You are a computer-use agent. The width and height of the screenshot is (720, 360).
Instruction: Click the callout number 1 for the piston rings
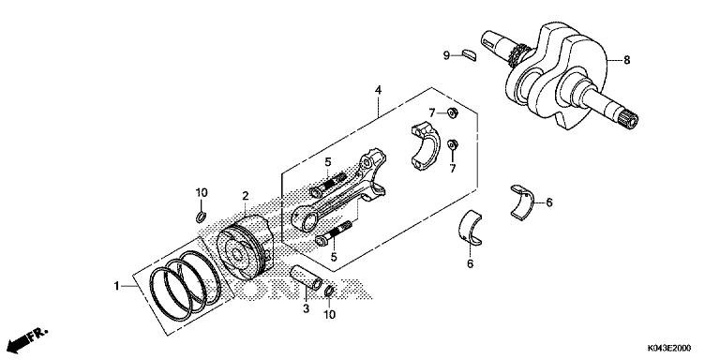click(x=118, y=285)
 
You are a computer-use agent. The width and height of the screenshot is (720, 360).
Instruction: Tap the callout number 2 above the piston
click(x=244, y=196)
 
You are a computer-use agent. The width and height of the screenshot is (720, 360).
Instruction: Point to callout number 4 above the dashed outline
click(x=378, y=91)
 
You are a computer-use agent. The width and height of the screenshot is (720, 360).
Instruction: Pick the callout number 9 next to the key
click(x=447, y=55)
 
